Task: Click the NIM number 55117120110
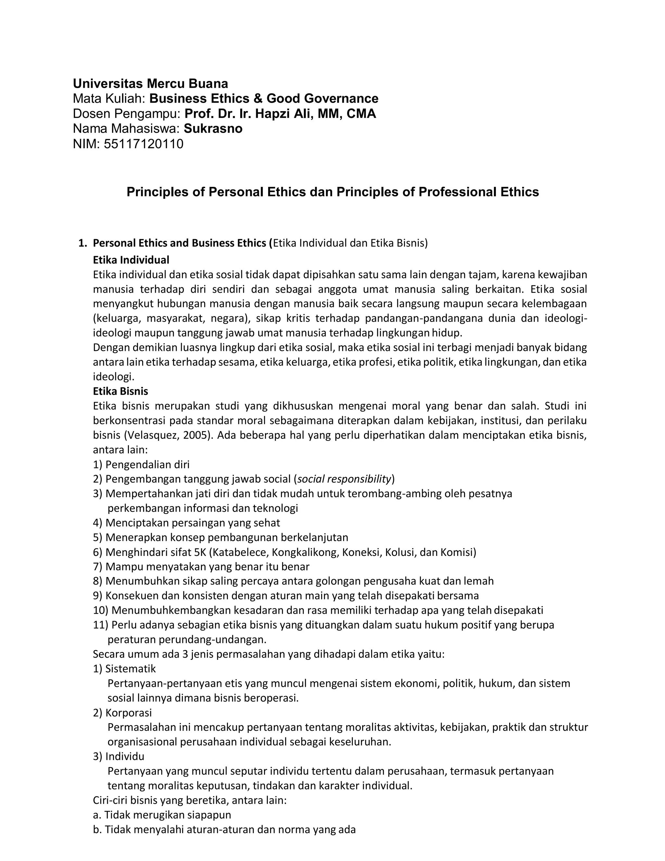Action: click(x=144, y=144)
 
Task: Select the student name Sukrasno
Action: click(x=213, y=129)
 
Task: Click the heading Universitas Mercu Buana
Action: click(x=150, y=84)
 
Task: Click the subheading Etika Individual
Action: click(x=131, y=260)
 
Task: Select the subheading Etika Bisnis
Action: click(x=120, y=391)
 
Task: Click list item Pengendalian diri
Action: click(x=147, y=464)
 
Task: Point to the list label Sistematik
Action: click(x=131, y=669)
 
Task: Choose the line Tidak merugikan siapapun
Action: click(x=168, y=815)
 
